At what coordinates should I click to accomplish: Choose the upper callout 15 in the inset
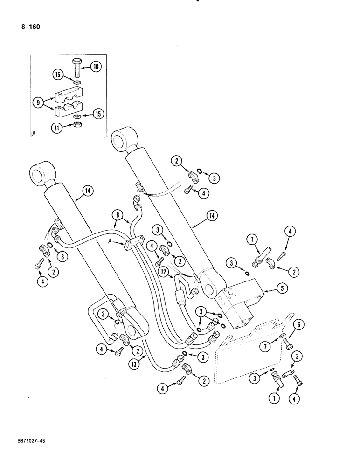57,74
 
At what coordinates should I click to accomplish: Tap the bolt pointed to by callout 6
287,344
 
